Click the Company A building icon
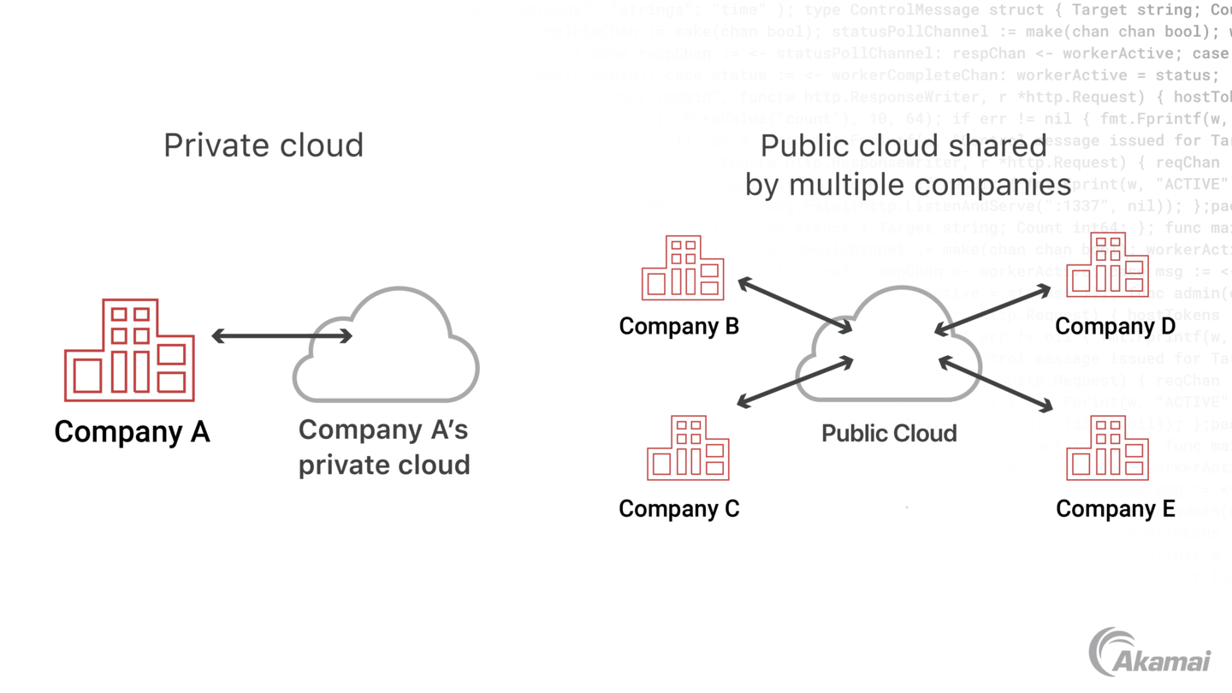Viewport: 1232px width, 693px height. pyautogui.click(x=130, y=350)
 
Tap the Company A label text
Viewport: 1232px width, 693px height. pyautogui.click(x=132, y=431)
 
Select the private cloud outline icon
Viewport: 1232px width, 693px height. pyautogui.click(x=386, y=346)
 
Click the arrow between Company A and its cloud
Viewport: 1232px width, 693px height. pyautogui.click(x=281, y=336)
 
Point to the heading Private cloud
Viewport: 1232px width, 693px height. pyautogui.click(x=264, y=145)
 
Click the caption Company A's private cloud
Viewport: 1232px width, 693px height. pyautogui.click(x=384, y=447)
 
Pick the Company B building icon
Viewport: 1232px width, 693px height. pyautogui.click(x=683, y=268)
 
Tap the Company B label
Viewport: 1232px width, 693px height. pyautogui.click(x=678, y=326)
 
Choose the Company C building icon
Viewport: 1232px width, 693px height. pyautogui.click(x=688, y=447)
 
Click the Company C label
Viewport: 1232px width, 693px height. pyautogui.click(x=678, y=508)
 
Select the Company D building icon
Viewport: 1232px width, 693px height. pyautogui.click(x=1107, y=264)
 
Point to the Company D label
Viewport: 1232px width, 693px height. pyautogui.click(x=1115, y=326)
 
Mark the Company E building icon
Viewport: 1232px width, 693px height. pyautogui.click(x=1107, y=447)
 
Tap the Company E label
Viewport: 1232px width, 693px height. pyautogui.click(x=1115, y=509)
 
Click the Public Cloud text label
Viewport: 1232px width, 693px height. pyautogui.click(x=889, y=433)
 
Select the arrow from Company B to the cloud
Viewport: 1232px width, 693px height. pyautogui.click(x=795, y=305)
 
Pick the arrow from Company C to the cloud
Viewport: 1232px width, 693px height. pyautogui.click(x=795, y=382)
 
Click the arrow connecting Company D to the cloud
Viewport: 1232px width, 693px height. pyautogui.click(x=992, y=310)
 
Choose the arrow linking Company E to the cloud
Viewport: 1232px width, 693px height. pyautogui.click(x=996, y=384)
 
